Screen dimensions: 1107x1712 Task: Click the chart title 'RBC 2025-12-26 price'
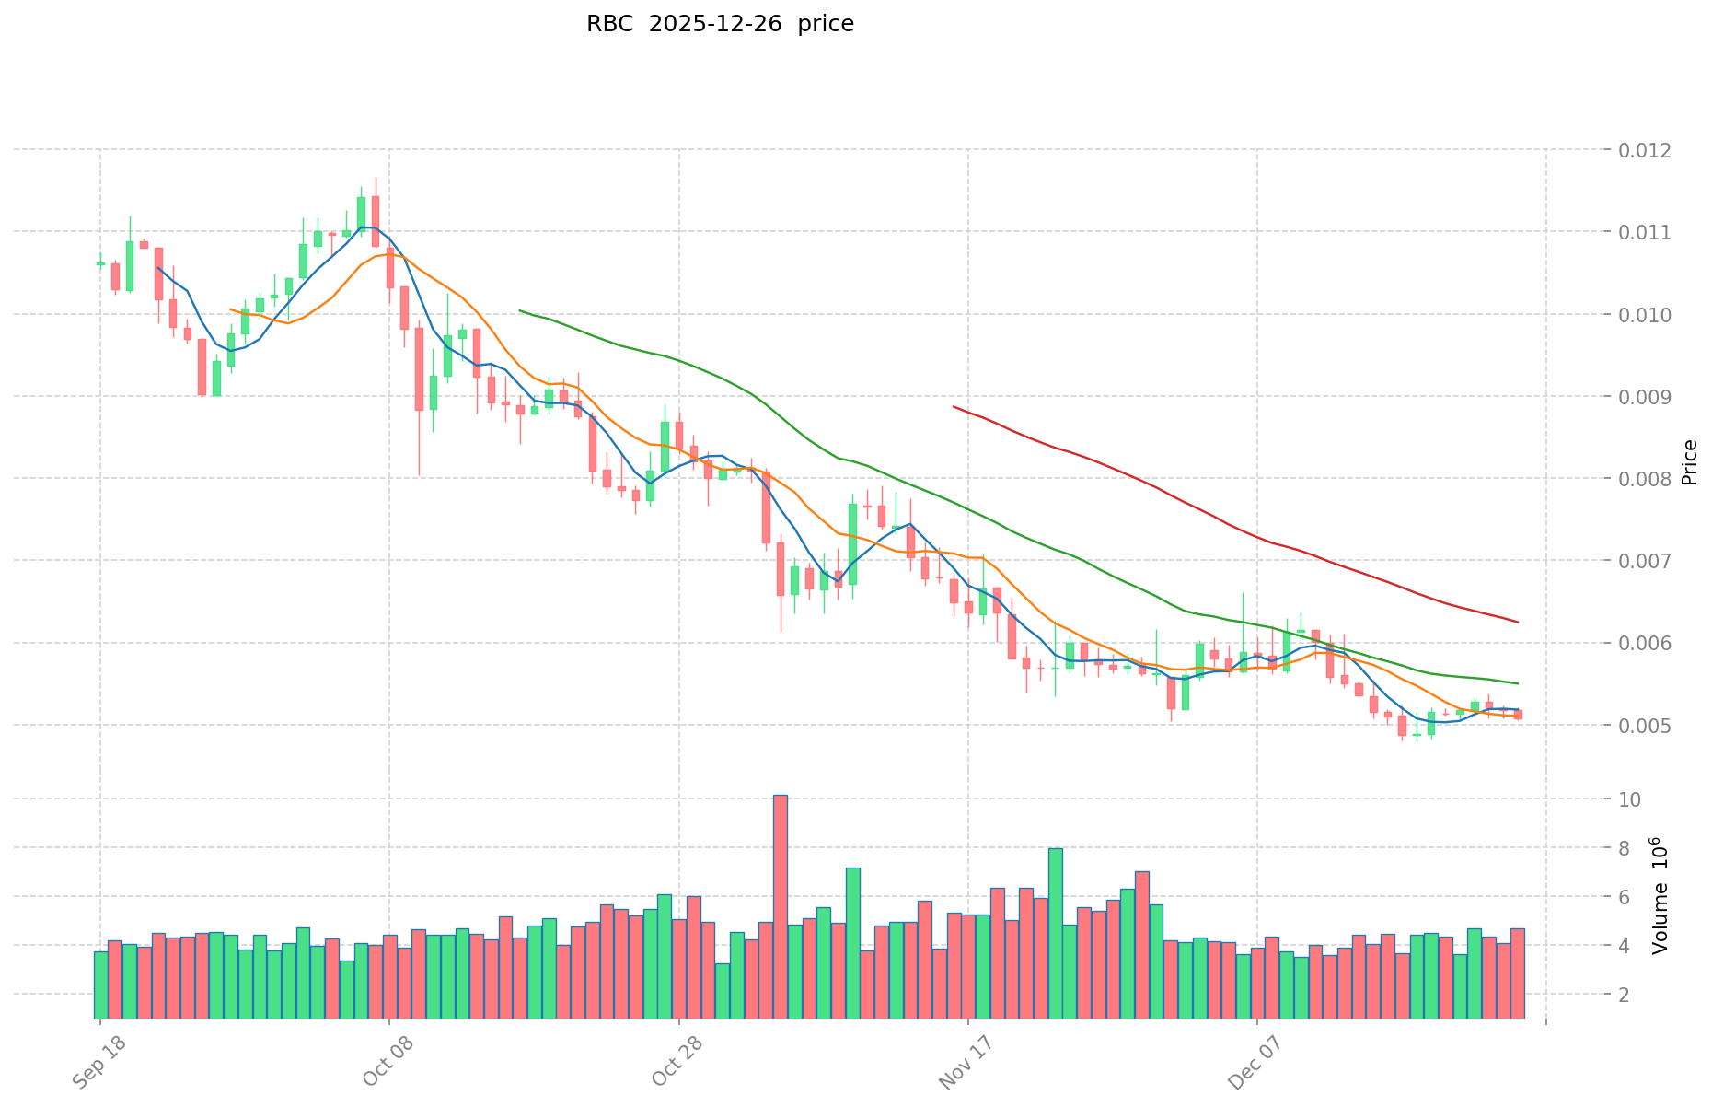tap(720, 24)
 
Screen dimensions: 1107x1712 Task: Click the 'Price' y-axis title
tap(1689, 462)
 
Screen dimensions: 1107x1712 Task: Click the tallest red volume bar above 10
tap(781, 907)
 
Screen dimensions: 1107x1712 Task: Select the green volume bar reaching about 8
tap(1056, 932)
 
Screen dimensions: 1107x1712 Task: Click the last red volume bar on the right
tap(1518, 973)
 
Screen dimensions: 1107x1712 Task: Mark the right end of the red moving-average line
tap(1518, 623)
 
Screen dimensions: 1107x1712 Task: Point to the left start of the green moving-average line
tap(520, 311)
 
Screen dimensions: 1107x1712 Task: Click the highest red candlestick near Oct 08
tap(376, 221)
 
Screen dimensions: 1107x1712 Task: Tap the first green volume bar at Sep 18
tap(101, 984)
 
